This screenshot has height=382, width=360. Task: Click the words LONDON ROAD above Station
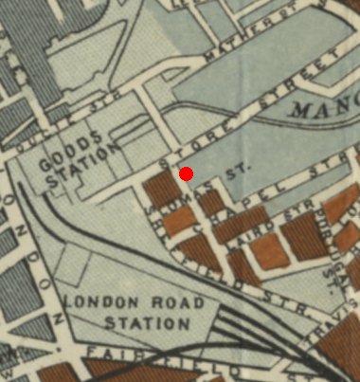(x=133, y=303)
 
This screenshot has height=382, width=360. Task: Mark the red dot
(x=187, y=173)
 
